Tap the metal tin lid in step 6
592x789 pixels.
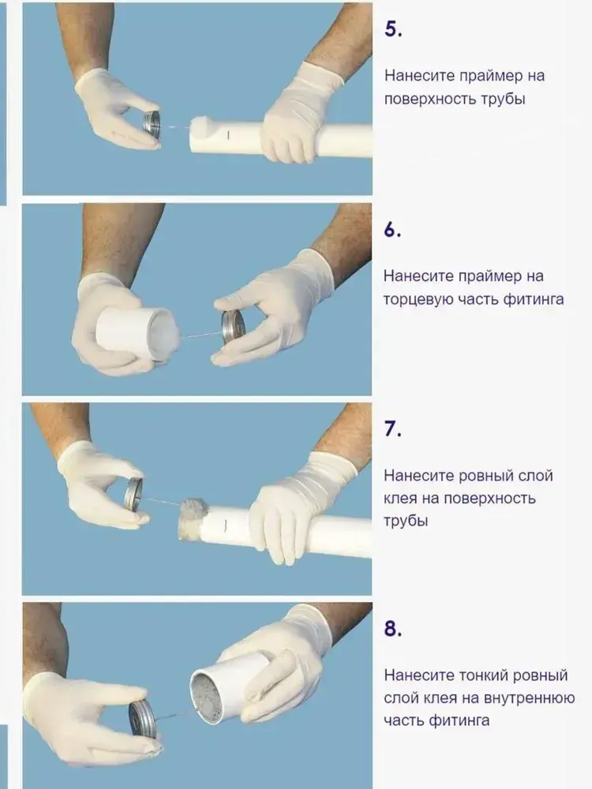[x=233, y=328]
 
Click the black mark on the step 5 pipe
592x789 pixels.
[x=227, y=135]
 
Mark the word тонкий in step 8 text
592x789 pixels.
[x=482, y=675]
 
